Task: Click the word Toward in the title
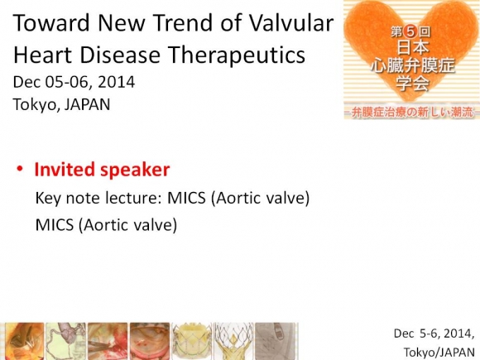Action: [51, 23]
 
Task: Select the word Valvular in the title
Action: [290, 23]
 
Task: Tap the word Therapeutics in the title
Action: [237, 55]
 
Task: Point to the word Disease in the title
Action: [120, 55]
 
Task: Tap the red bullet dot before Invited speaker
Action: [20, 170]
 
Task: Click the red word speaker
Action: [135, 170]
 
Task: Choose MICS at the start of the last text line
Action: [55, 225]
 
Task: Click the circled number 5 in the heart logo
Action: [410, 31]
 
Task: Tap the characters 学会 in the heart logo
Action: [412, 83]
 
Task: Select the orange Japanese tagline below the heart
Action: [412, 113]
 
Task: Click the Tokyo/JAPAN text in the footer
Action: [439, 352]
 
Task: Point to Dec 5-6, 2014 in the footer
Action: [434, 334]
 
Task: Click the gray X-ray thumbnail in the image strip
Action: [276, 341]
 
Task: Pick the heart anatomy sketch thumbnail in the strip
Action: [65, 341]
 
